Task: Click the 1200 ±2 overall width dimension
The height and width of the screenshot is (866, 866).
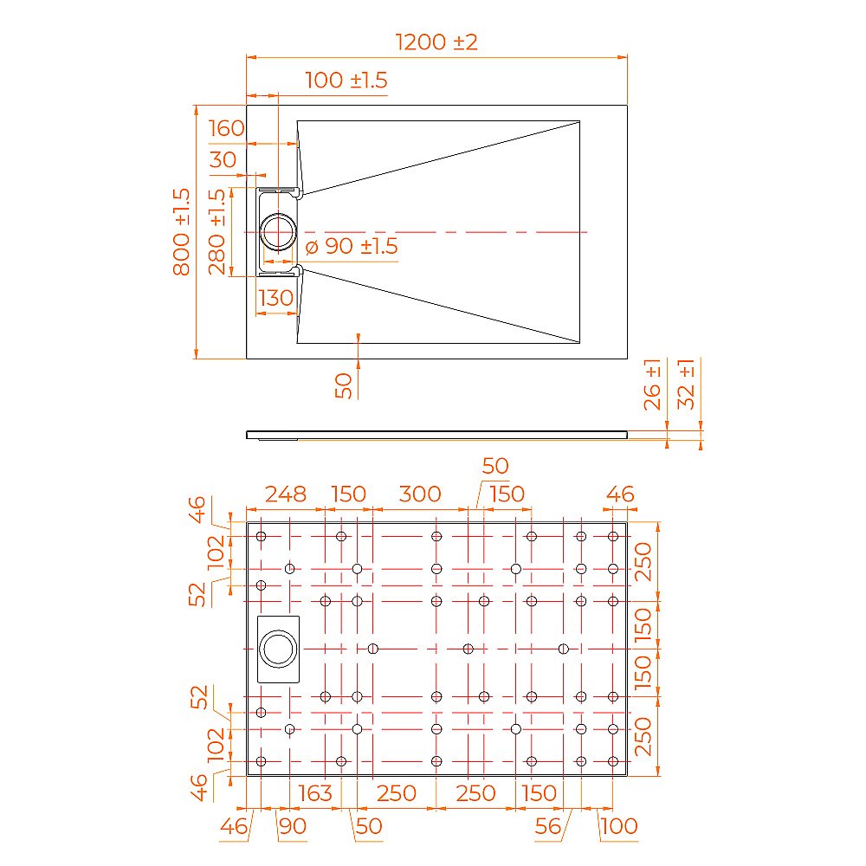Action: click(436, 42)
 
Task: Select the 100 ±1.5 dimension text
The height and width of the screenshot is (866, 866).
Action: click(346, 81)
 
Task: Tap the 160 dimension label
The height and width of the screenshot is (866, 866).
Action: click(227, 129)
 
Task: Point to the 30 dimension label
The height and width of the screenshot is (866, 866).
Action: click(223, 159)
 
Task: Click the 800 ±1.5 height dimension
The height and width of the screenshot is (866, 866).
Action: click(182, 232)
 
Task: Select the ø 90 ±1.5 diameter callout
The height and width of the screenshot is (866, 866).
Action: click(351, 247)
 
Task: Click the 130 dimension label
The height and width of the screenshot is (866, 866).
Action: click(275, 298)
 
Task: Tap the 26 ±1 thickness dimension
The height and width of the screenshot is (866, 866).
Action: click(654, 384)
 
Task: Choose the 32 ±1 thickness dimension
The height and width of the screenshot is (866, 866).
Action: click(687, 384)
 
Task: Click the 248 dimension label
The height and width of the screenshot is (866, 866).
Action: click(285, 494)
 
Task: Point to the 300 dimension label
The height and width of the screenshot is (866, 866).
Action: click(419, 494)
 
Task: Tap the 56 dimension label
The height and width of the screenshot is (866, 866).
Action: click(547, 827)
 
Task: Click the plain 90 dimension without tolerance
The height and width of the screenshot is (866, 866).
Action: click(293, 827)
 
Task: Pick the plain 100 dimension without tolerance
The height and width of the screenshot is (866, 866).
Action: click(618, 827)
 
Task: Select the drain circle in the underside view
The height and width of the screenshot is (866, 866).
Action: click(279, 649)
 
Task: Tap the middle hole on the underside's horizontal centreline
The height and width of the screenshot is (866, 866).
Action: click(469, 649)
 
